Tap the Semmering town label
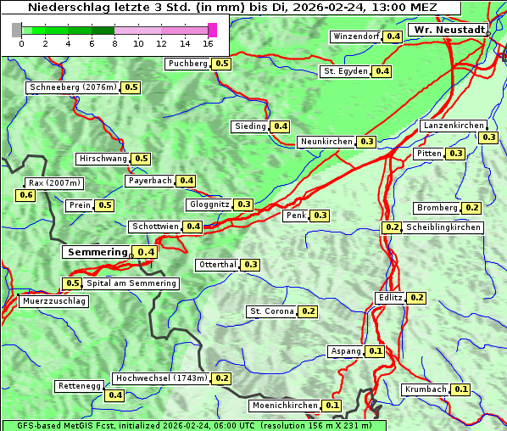(x=97, y=252)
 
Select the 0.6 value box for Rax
(x=26, y=195)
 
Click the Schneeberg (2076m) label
(x=72, y=87)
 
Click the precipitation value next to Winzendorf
(x=393, y=36)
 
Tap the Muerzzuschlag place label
(x=53, y=301)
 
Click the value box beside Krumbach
(x=460, y=389)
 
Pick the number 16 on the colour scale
(x=208, y=43)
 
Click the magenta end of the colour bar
(x=212, y=30)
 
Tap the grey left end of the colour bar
(x=17, y=30)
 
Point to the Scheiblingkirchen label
(x=443, y=227)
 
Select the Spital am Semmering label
(x=131, y=283)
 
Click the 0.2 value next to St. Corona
(x=309, y=311)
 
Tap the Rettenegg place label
(x=79, y=386)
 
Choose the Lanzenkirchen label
(x=453, y=126)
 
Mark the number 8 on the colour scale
(x=114, y=43)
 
